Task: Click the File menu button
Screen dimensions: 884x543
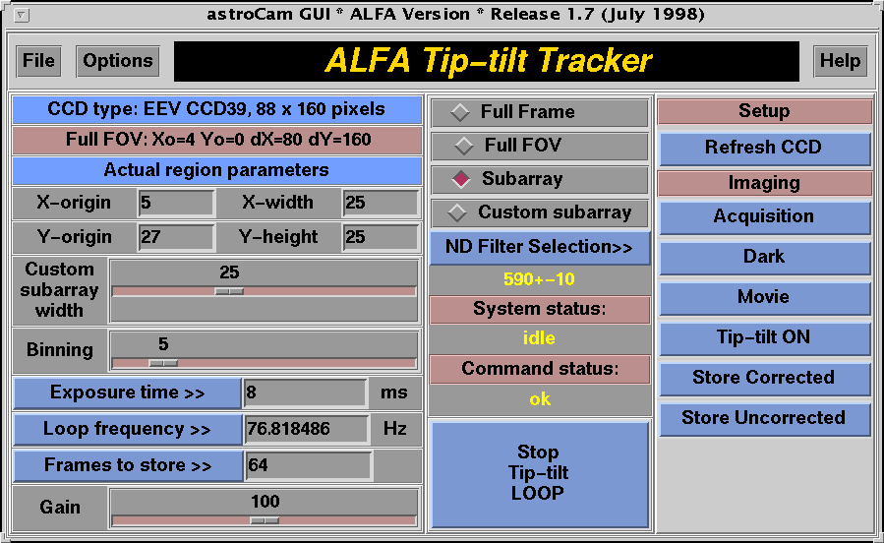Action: pos(38,61)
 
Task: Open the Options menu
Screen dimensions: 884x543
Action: pos(118,61)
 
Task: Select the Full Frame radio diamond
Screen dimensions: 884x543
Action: pos(460,112)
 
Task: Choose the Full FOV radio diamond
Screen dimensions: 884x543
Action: pos(464,146)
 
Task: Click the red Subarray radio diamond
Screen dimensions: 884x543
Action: pos(461,179)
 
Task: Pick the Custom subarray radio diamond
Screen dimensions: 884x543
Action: pos(457,212)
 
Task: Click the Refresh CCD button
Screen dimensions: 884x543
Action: pos(764,148)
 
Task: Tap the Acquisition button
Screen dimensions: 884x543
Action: pos(764,216)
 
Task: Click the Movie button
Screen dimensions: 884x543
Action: pos(764,297)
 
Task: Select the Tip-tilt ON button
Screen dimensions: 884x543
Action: pos(764,337)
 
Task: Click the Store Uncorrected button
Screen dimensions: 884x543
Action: pos(764,418)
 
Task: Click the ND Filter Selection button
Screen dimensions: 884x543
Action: pos(540,248)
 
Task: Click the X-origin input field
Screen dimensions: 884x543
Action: pos(176,203)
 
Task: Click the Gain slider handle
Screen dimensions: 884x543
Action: pos(265,520)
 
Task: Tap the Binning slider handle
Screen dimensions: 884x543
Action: pos(163,363)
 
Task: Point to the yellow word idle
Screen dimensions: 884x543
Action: pos(540,338)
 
